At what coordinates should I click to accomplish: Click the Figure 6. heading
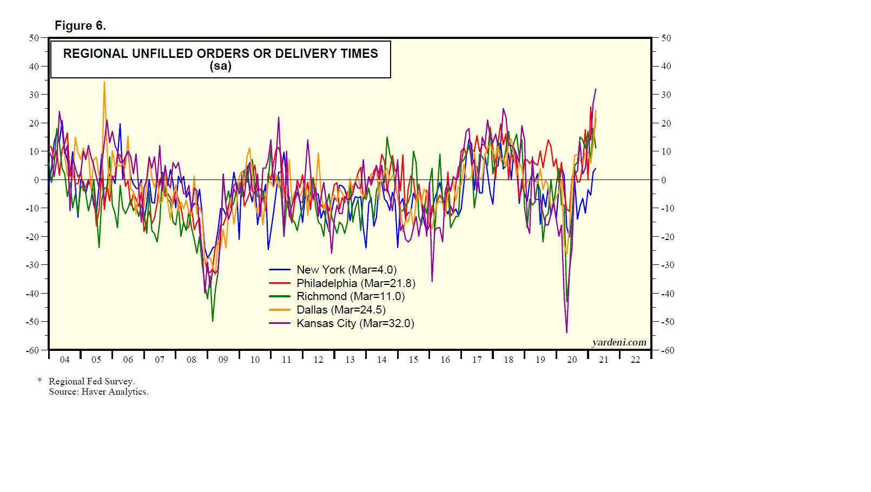(80, 25)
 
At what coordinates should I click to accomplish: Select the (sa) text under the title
(220, 66)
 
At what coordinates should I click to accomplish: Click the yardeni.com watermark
(619, 342)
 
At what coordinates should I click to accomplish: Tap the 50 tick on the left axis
(34, 38)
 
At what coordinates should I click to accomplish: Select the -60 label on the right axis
(668, 350)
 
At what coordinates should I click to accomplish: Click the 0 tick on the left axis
(36, 180)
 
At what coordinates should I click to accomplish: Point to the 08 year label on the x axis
(192, 360)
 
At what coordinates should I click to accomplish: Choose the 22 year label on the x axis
(635, 360)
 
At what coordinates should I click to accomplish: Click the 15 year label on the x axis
(413, 360)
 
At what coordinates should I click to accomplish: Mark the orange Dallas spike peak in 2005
(104, 82)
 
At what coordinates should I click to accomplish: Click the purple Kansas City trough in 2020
(566, 332)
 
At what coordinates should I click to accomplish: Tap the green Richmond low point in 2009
(213, 321)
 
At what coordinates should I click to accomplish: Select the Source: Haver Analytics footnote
(98, 392)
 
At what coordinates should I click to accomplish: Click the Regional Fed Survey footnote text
(91, 381)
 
